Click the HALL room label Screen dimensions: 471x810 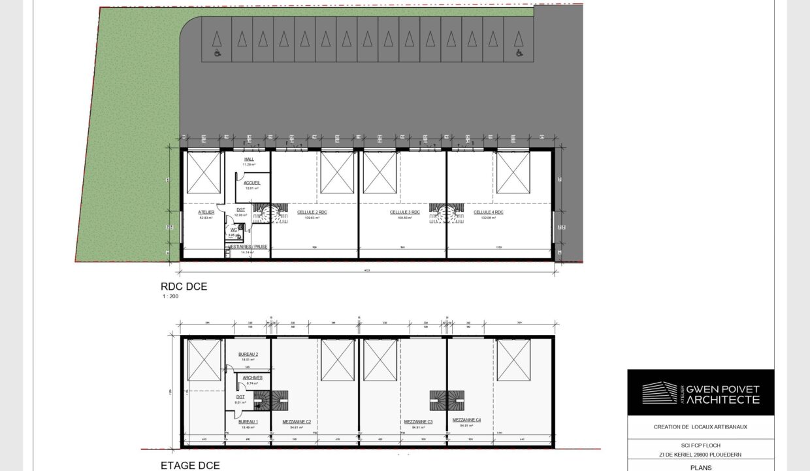249,159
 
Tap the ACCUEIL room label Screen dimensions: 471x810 252,183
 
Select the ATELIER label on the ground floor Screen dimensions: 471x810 206,213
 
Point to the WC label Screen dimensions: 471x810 233,230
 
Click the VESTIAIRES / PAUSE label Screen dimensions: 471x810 248,247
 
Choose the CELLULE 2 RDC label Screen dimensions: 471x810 312,213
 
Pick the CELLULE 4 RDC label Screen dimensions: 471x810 489,213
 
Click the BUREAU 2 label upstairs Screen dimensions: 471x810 248,354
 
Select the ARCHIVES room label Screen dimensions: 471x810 252,377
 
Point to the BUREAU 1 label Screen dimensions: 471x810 248,422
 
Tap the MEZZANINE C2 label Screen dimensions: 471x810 296,422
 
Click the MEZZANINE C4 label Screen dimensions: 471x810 466,420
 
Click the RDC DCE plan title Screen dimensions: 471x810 184,286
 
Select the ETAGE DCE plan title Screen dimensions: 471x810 190,466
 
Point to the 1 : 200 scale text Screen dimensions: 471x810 170,296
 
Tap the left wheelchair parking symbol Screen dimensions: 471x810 217,52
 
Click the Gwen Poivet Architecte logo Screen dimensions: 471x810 700,392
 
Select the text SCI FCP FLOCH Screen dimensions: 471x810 700,445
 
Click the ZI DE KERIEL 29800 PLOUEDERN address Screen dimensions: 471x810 700,455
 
